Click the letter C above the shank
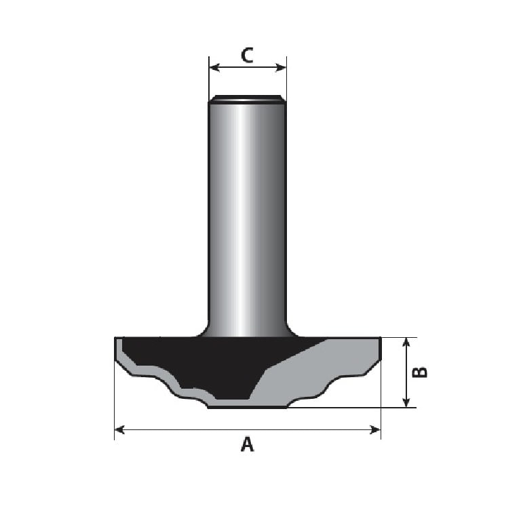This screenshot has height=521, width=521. [247, 56]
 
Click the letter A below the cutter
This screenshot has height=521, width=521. [247, 444]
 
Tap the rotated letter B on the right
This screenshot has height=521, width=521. [419, 372]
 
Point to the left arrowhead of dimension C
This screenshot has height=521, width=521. [214, 67]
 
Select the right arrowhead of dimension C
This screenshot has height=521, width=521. [281, 67]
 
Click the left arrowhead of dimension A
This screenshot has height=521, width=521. [119, 429]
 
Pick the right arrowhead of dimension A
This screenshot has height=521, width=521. [375, 429]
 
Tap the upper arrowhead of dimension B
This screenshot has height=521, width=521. [406, 343]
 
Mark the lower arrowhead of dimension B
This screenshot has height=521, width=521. [406, 402]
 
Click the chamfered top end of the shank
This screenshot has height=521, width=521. [247, 98]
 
